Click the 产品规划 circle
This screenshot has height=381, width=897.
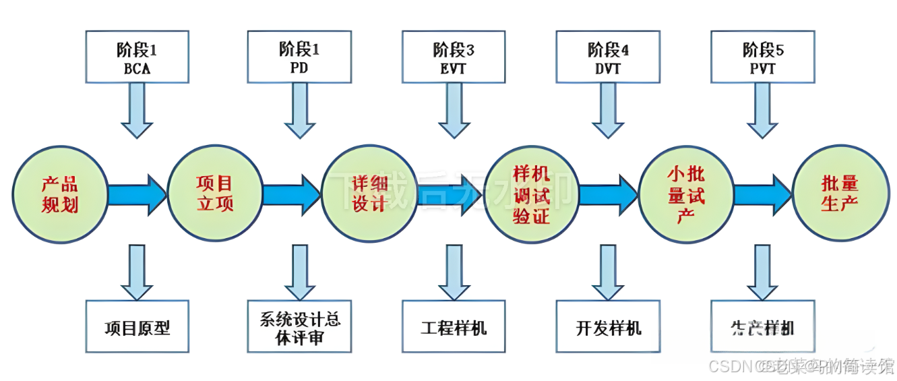pos(60,194)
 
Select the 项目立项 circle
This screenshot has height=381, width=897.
pos(214,194)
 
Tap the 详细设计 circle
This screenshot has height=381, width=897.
pos(369,194)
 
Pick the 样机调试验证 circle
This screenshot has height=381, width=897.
pos(531,194)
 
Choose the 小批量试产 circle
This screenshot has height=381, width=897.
pos(685,194)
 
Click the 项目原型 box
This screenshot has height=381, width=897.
pos(137,328)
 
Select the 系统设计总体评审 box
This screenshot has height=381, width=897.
pos(299,328)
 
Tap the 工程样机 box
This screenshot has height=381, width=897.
pos(454,328)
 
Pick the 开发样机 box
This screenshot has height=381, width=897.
pos(608,328)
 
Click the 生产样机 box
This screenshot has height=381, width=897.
pos(762,328)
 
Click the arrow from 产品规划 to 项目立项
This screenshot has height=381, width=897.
pos(137,195)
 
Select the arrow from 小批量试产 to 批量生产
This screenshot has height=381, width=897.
pos(762,195)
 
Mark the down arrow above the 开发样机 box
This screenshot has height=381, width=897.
pos(608,272)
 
